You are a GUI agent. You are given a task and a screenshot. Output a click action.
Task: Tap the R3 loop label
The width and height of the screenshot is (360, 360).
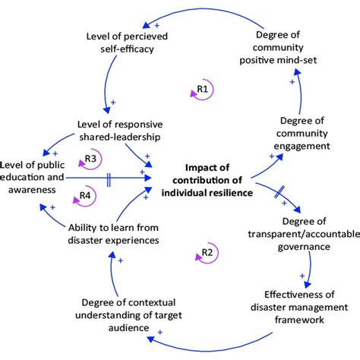[x=90, y=159]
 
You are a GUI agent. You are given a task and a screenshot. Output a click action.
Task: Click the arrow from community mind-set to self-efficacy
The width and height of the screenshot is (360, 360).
[x=205, y=11]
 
